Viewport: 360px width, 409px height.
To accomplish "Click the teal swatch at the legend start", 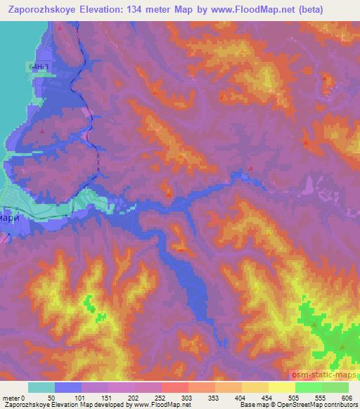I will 41,387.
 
